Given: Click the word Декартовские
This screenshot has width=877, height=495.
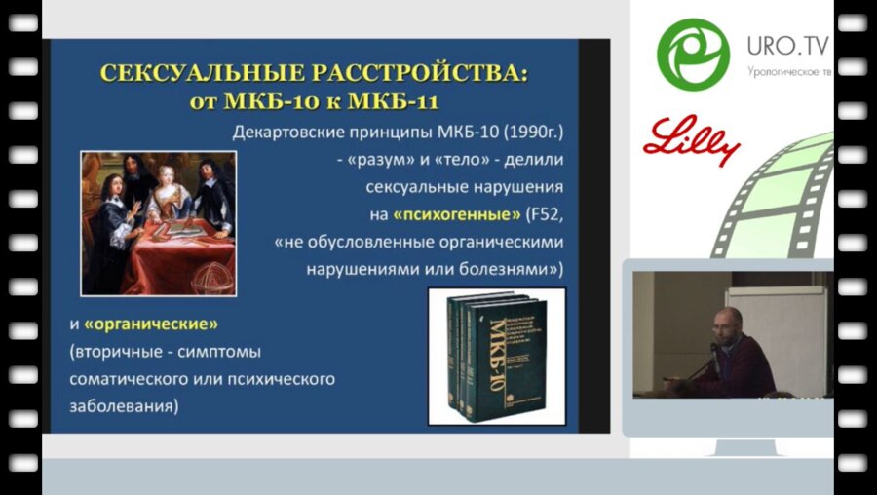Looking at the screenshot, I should pos(292,133).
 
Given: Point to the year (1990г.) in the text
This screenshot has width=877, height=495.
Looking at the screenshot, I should pos(536,133).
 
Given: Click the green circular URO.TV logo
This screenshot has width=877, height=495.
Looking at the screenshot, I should pos(693,54).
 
